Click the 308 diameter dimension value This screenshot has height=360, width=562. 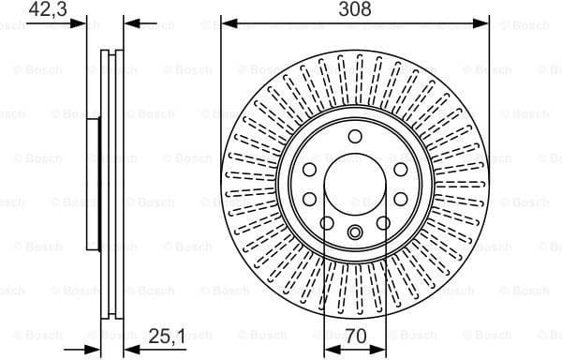point(355,9)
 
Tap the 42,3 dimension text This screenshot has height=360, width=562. point(49,9)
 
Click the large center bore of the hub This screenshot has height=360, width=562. point(355,187)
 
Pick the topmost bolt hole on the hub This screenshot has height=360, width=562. point(355,137)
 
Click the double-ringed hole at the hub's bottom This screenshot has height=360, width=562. point(355,233)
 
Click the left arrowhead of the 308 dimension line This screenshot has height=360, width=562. point(227,22)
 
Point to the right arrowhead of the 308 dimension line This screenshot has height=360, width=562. point(484,22)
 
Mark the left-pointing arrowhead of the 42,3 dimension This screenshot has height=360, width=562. point(130,22)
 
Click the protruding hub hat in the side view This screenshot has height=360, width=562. point(93,184)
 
